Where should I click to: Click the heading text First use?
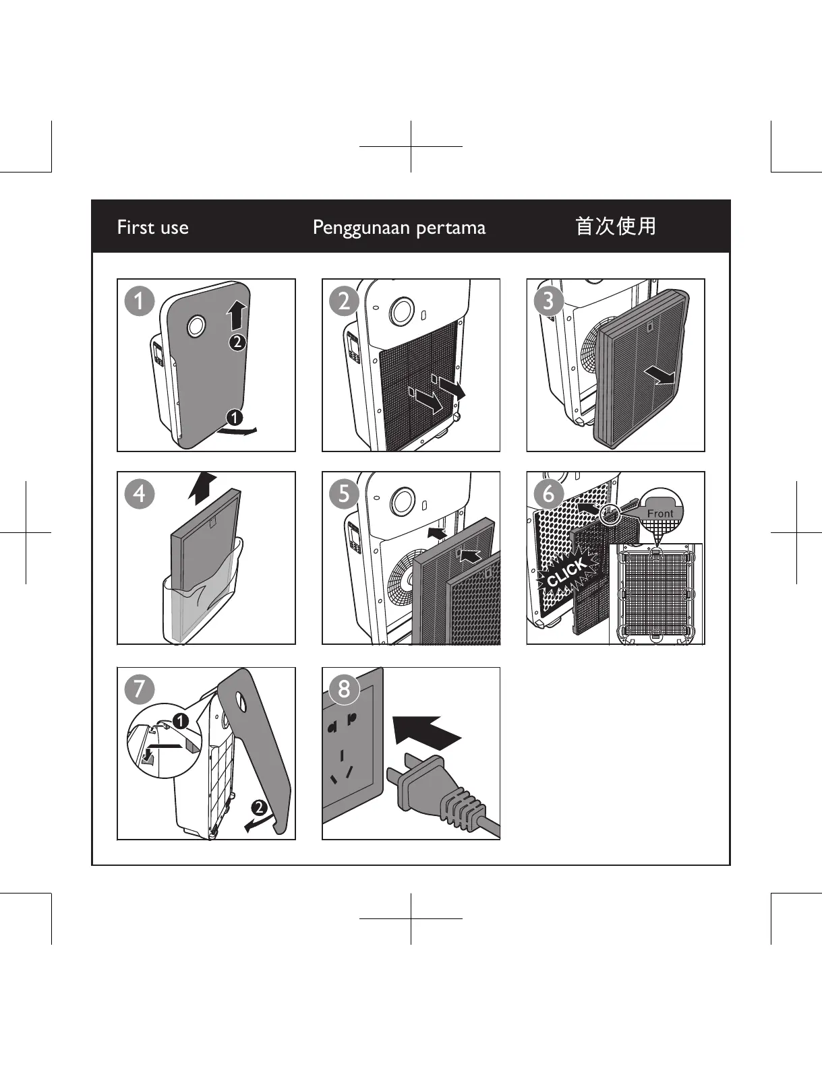point(152,227)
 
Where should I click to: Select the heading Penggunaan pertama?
point(399,227)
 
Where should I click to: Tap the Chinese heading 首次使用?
point(615,226)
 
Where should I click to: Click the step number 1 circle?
point(139,301)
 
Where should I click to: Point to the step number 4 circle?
point(139,493)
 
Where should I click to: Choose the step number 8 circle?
point(344,689)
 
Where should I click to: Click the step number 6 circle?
point(548,493)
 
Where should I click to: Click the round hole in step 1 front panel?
point(196,325)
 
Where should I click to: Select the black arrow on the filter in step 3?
point(659,375)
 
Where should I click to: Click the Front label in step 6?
point(660,513)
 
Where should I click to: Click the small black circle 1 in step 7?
point(180,722)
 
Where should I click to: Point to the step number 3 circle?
point(548,301)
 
